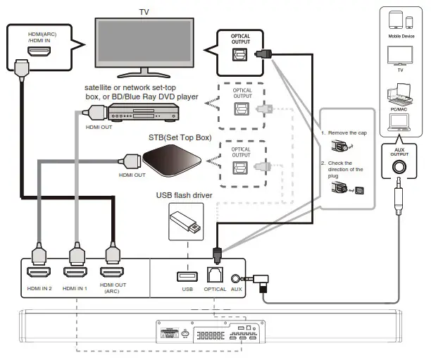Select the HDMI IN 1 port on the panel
[x=75, y=272]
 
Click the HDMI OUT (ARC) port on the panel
[x=112, y=272]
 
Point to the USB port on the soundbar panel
[x=187, y=274]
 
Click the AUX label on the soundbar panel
[x=237, y=289]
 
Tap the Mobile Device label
[x=401, y=35]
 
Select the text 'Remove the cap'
[x=346, y=132]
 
